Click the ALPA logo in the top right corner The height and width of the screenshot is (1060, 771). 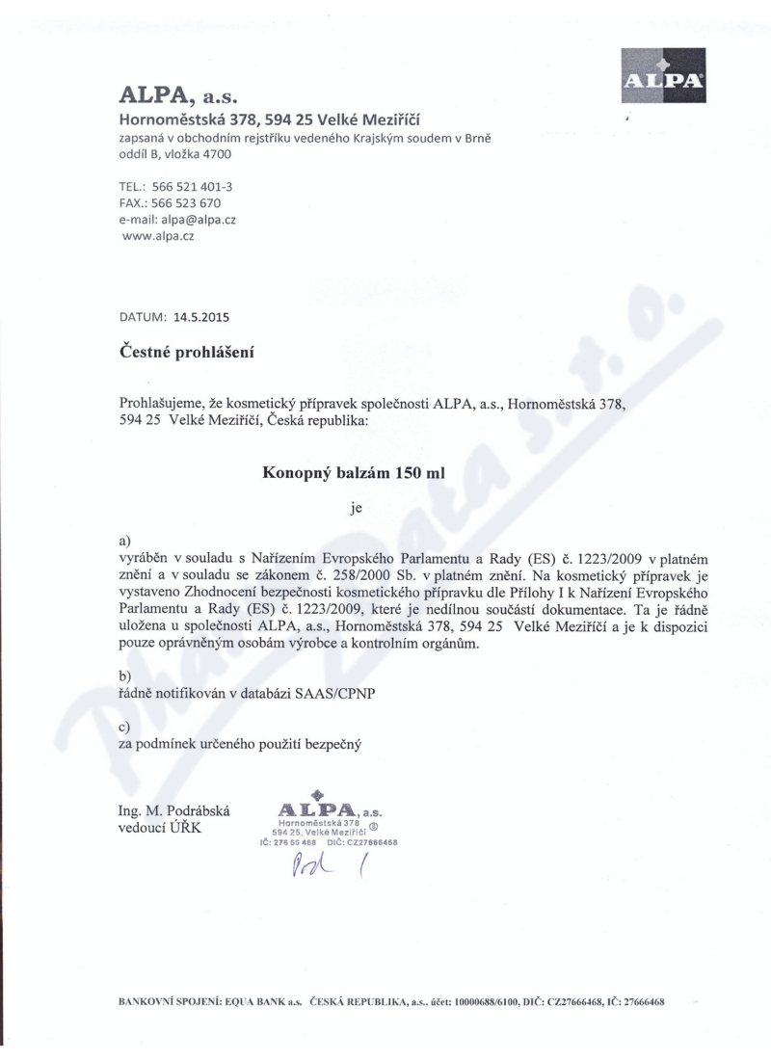(x=663, y=75)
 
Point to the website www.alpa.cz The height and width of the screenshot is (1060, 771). (x=159, y=235)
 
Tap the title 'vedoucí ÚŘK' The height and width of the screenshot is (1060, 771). (x=160, y=829)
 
